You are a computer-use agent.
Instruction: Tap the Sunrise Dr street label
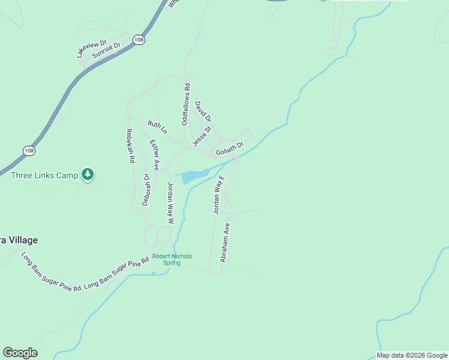click(106, 51)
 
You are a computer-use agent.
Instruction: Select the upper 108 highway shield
click(139, 40)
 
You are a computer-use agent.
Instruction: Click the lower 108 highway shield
click(29, 150)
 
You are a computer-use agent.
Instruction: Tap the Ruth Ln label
click(157, 127)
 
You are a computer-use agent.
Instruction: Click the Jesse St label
click(202, 136)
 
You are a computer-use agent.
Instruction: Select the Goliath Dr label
click(230, 148)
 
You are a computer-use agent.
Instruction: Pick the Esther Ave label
click(154, 155)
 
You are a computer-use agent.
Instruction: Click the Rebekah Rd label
click(130, 146)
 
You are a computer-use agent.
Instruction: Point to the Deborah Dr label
click(146, 190)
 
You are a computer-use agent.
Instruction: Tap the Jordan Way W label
click(170, 203)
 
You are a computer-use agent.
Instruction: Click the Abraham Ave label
click(225, 242)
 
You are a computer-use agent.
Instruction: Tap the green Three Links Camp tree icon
click(88, 175)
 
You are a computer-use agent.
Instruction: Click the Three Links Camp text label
click(44, 175)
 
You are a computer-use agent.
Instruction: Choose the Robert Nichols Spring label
click(172, 259)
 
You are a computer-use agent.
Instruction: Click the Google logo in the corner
click(20, 353)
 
